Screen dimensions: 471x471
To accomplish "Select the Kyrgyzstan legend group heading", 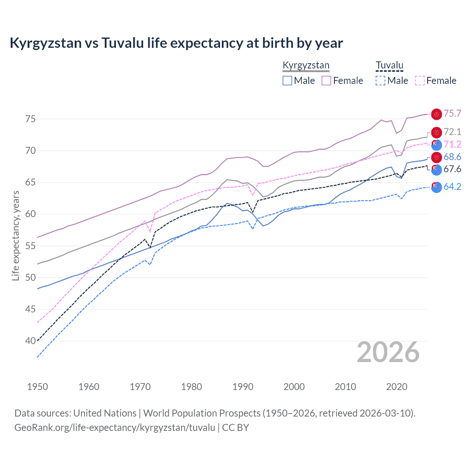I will pyautogui.click(x=306, y=65).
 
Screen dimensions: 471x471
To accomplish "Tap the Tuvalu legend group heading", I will pyautogui.click(x=389, y=65).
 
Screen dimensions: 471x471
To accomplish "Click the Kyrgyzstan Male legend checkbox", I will pyautogui.click(x=287, y=81).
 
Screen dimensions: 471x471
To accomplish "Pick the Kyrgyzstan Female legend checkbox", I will pyautogui.click(x=326, y=81).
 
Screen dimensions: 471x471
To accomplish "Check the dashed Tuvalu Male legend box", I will pyautogui.click(x=380, y=81).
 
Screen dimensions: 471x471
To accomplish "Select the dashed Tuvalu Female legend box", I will pyautogui.click(x=420, y=81).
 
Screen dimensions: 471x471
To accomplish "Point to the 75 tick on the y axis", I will pyautogui.click(x=30, y=119).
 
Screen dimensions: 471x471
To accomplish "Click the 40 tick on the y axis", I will pyautogui.click(x=30, y=341).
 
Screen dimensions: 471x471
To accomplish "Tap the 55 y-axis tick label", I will pyautogui.click(x=30, y=246).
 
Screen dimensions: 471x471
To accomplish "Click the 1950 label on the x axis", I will pyautogui.click(x=38, y=387).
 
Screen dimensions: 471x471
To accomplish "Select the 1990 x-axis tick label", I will pyautogui.click(x=243, y=387).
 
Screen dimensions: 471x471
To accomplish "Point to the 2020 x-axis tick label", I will pyautogui.click(x=397, y=387).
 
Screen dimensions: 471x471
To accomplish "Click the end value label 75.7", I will pyautogui.click(x=452, y=113).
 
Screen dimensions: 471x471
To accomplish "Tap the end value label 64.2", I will pyautogui.click(x=452, y=187).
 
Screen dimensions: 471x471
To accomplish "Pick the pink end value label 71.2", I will pyautogui.click(x=452, y=144).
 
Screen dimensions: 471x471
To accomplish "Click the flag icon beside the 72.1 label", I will pyautogui.click(x=436, y=132).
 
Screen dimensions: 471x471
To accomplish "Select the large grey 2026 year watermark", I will pyautogui.click(x=388, y=352).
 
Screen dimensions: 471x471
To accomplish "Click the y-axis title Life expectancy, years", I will pyautogui.click(x=15, y=235).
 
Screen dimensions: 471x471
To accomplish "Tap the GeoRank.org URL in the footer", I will pyautogui.click(x=115, y=428).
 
